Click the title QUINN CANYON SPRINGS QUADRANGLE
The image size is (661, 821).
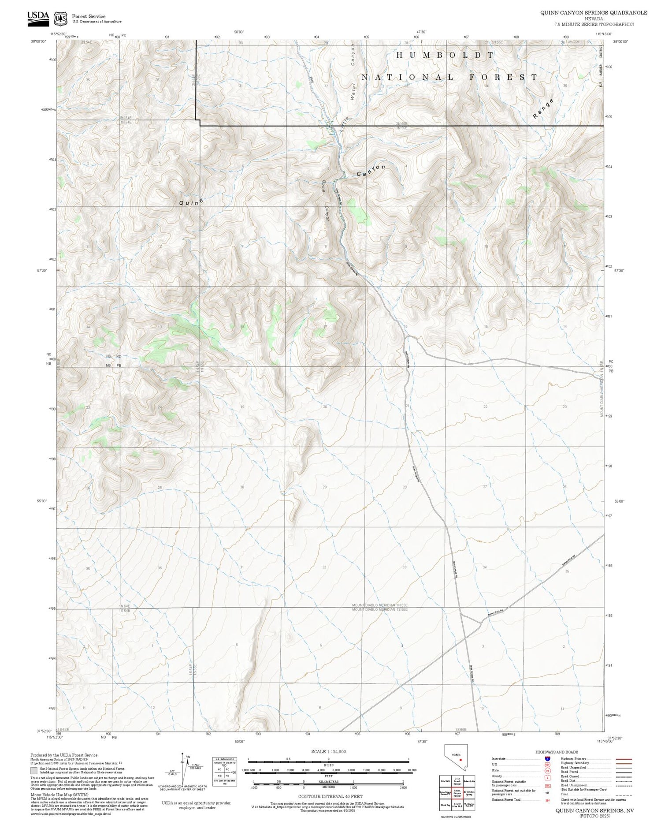point(594,13)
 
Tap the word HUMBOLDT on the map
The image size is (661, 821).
point(445,55)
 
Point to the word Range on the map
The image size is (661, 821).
point(542,109)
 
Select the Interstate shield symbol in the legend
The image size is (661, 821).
point(547,758)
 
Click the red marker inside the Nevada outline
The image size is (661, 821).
point(460,760)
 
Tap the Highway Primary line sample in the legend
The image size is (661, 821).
point(621,759)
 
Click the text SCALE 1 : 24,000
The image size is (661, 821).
point(328,751)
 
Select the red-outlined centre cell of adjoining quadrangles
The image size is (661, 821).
point(457,792)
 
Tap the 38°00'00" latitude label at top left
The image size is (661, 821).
point(39,42)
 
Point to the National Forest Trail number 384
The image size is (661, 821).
point(547,800)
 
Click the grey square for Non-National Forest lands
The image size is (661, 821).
point(34,771)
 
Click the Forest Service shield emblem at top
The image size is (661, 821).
point(60,19)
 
